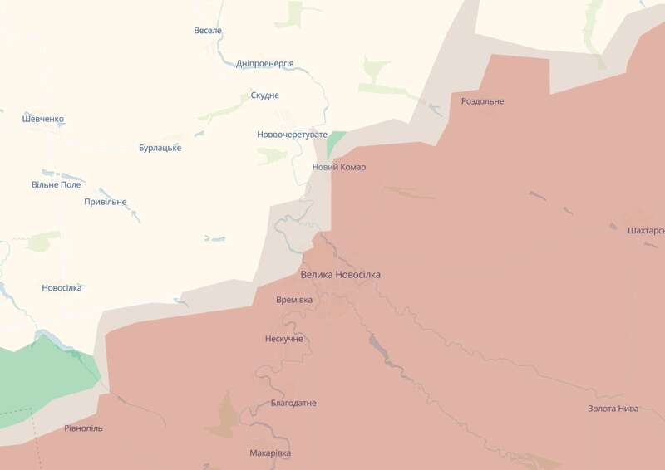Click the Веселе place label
208,31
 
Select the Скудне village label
265,95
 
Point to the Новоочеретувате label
293,134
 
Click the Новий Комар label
338,167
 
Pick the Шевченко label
43,119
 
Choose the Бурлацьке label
160,148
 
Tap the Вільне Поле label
57,184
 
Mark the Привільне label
106,202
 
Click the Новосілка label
62,288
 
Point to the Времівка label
294,300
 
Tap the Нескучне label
283,339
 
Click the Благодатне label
293,403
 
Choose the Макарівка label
270,453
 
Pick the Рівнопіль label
84,428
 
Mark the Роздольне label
482,101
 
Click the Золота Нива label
613,409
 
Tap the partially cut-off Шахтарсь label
647,230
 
